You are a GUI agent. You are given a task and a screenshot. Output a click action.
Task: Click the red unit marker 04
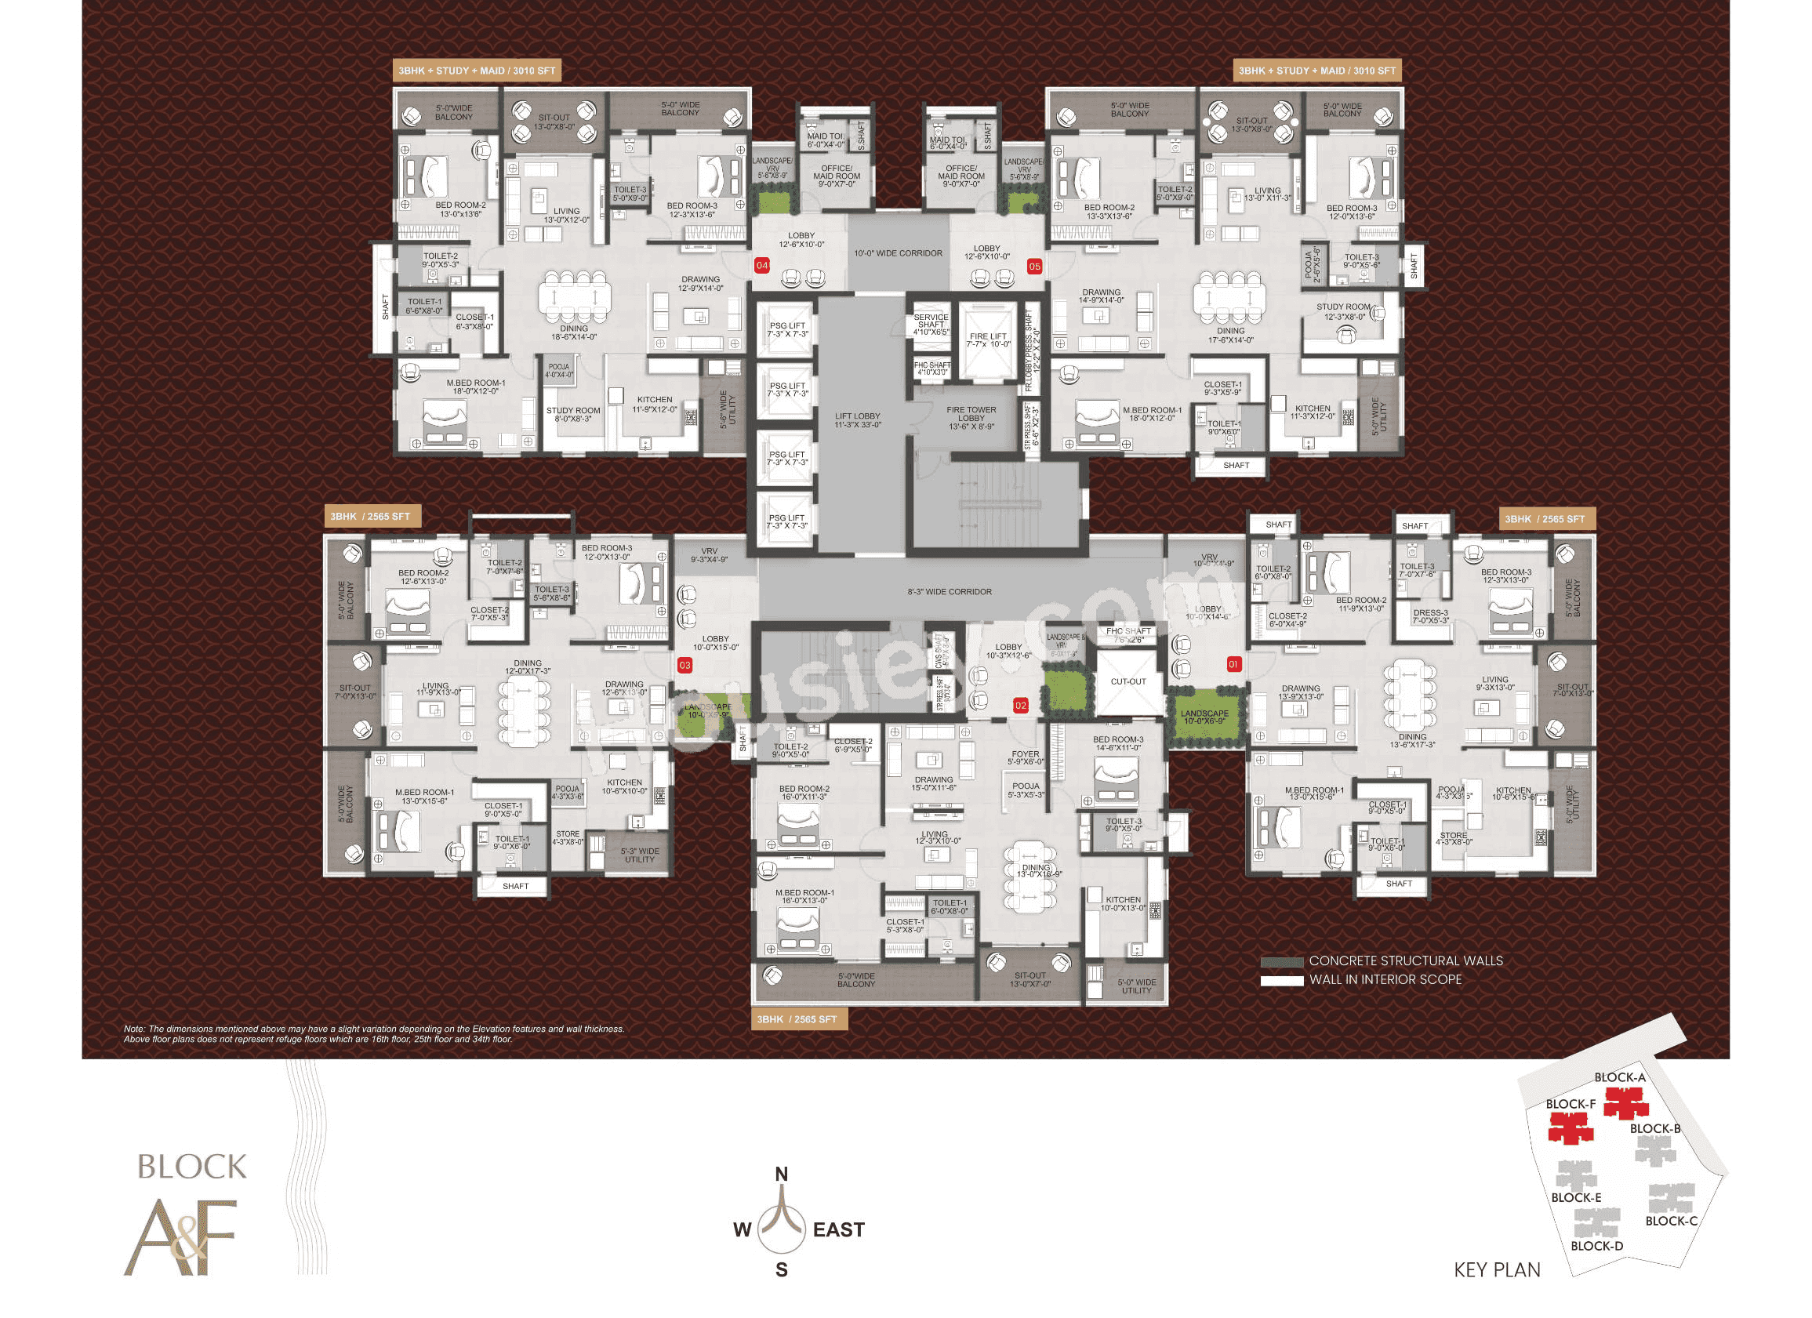pos(761,265)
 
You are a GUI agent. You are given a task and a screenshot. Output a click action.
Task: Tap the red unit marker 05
pos(1034,266)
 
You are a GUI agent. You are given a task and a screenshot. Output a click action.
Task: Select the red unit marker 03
pos(684,665)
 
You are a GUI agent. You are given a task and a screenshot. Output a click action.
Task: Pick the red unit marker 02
pos(1020,706)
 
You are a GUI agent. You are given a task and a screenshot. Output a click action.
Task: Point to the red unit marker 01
pos(1233,664)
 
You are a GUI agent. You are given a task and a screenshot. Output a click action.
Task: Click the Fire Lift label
pos(988,340)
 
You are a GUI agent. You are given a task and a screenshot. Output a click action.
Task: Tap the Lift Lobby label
pos(857,420)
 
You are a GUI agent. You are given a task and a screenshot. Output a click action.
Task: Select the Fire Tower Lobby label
pos(971,418)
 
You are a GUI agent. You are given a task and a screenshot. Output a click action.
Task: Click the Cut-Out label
pos(1128,681)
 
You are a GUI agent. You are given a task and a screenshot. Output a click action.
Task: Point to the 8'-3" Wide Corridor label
pos(950,592)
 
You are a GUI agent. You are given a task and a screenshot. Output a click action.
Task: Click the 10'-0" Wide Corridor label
pos(898,253)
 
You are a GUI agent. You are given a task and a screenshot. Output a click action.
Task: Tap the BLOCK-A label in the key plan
pos(1619,1077)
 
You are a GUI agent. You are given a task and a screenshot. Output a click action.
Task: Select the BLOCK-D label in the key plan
pos(1596,1246)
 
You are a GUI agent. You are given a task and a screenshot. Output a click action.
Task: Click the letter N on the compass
pos(782,1174)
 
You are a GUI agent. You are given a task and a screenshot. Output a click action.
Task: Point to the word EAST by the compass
pos(838,1230)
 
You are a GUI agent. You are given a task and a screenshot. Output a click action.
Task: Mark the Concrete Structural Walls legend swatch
pos(1281,962)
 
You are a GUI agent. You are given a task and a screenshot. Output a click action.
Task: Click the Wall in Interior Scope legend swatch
pos(1281,980)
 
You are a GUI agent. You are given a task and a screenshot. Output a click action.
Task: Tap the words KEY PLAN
pos(1497,1270)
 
